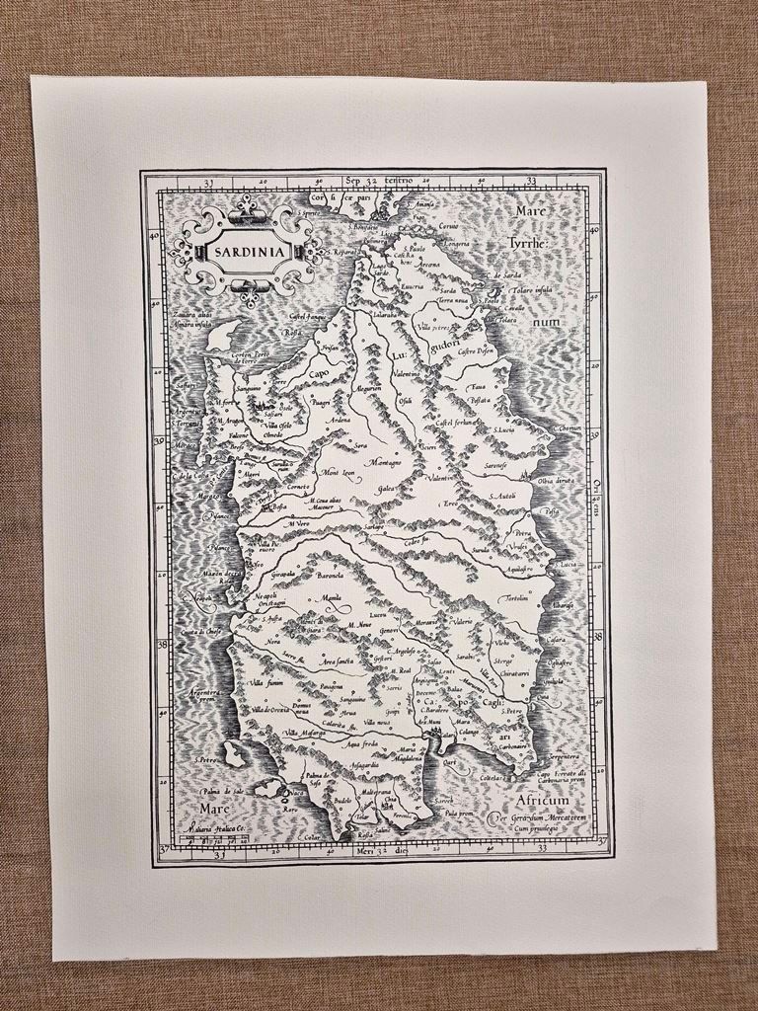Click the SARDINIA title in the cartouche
coord(247,250)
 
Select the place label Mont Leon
coord(337,472)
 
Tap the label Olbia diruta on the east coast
coord(559,481)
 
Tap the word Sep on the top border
coord(354,181)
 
